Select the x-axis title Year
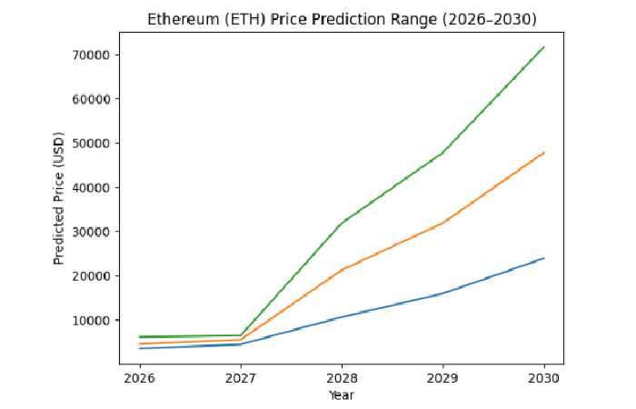(341, 394)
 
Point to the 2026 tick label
(139, 377)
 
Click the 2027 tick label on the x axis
(241, 377)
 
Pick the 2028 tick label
(342, 377)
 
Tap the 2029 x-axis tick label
(442, 377)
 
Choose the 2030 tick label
(543, 377)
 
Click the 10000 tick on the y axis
(91, 320)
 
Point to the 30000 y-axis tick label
(91, 232)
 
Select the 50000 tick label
(91, 144)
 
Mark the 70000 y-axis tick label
(91, 55)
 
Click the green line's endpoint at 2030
(543, 47)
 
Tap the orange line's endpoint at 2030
(543, 153)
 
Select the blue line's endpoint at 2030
(543, 258)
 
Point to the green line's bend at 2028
(342, 224)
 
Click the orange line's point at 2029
(442, 223)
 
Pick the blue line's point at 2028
(342, 317)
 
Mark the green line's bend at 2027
(241, 335)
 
